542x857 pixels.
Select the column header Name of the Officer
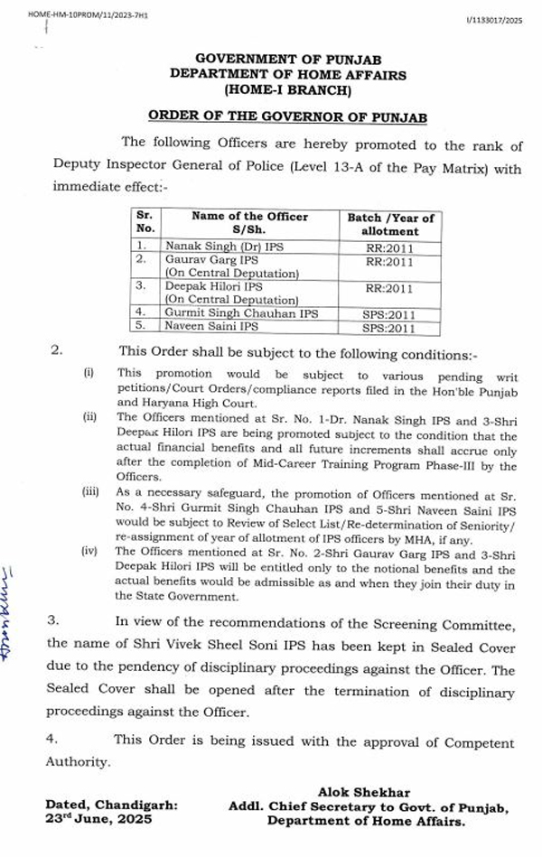point(249,217)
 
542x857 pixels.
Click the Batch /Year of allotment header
point(390,225)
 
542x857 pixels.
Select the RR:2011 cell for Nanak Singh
point(390,245)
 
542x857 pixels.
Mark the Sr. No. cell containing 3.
point(142,285)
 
